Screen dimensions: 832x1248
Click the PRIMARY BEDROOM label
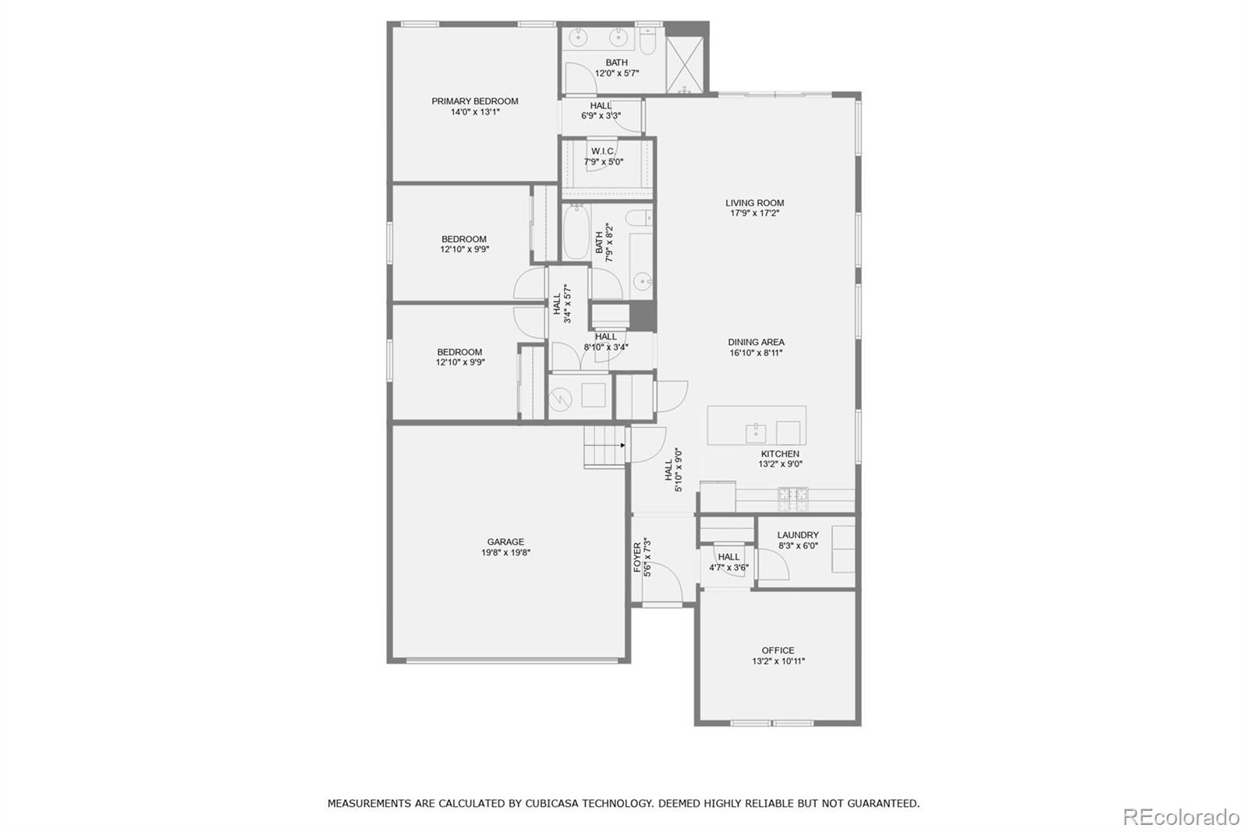click(x=474, y=101)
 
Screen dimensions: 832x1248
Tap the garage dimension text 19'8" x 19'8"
click(x=505, y=553)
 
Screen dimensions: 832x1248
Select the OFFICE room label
click(x=778, y=650)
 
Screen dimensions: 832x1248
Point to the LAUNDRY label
click(x=797, y=535)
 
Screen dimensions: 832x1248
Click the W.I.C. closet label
click(x=603, y=151)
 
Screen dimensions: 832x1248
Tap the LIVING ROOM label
click(x=754, y=203)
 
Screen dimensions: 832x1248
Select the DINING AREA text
click(x=756, y=342)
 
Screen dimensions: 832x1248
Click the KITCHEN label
click(x=780, y=453)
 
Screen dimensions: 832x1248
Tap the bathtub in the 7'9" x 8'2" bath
click(x=576, y=233)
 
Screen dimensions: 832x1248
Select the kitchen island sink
click(x=756, y=432)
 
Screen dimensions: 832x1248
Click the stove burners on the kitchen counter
click(x=793, y=494)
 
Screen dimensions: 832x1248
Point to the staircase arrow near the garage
click(x=622, y=446)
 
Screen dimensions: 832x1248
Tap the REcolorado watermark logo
click(x=1180, y=816)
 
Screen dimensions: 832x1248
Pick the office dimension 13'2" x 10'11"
click(x=778, y=661)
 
